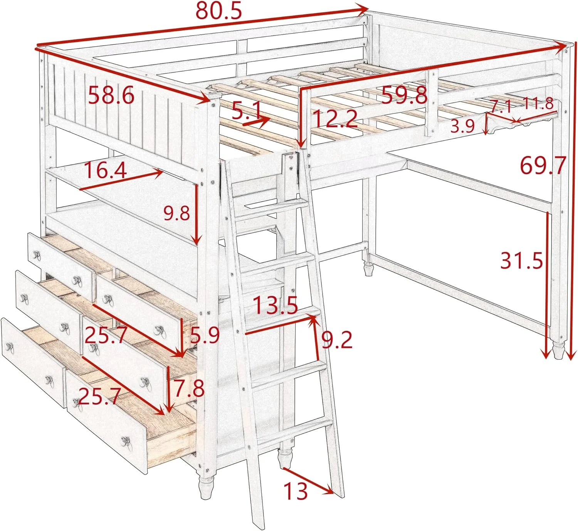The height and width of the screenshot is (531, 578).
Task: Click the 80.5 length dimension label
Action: pyautogui.click(x=218, y=11)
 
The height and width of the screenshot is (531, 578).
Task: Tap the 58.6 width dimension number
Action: pyautogui.click(x=111, y=95)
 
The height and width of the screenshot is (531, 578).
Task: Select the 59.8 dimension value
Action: pyautogui.click(x=404, y=95)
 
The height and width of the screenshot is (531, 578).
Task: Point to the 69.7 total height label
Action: pyautogui.click(x=543, y=165)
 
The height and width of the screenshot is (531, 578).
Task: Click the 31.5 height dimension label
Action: pyautogui.click(x=521, y=260)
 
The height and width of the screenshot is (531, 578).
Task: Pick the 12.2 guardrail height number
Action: pyautogui.click(x=335, y=118)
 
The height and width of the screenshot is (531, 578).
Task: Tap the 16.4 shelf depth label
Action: pyautogui.click(x=105, y=170)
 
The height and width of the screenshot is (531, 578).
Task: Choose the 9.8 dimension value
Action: pyautogui.click(x=176, y=213)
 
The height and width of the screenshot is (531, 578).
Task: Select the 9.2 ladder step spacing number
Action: pyautogui.click(x=337, y=340)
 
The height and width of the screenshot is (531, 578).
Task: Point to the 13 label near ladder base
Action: pyautogui.click(x=296, y=491)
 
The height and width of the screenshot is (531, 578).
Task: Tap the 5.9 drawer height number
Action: pyautogui.click(x=205, y=335)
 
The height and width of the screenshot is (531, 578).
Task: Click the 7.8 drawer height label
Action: pyautogui.click(x=189, y=388)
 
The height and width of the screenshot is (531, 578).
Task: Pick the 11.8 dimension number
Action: pyautogui.click(x=538, y=103)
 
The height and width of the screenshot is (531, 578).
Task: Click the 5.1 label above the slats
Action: pyautogui.click(x=247, y=111)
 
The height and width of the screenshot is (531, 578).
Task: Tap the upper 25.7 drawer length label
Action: pyautogui.click(x=106, y=335)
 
